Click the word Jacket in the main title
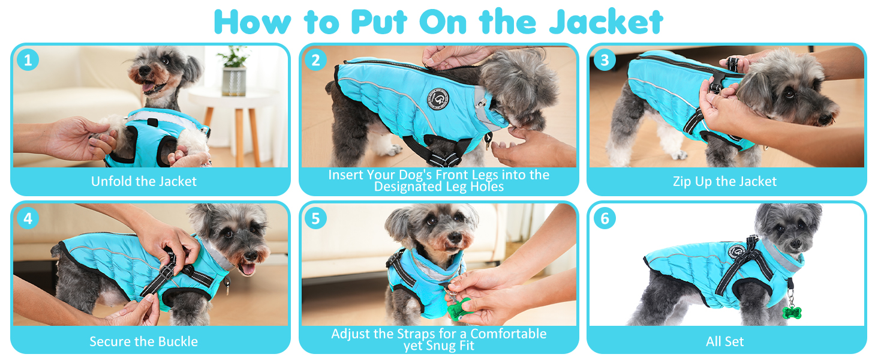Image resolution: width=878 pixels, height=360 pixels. (606, 22)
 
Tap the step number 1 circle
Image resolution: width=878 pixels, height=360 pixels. (28, 60)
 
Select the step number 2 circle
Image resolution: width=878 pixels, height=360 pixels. (316, 60)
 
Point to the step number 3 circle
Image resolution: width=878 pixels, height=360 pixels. (605, 60)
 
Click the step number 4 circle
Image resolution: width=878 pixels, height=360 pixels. (28, 218)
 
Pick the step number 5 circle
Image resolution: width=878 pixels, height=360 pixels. (316, 218)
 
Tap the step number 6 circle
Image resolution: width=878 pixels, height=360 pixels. (605, 218)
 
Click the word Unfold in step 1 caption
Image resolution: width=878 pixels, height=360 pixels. (112, 181)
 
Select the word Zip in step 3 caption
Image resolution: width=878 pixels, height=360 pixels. (682, 182)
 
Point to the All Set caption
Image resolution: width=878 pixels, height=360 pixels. (724, 341)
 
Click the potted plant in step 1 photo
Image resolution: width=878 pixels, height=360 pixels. (234, 71)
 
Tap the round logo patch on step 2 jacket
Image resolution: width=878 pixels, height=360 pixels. (438, 99)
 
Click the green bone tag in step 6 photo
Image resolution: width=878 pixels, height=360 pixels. (792, 313)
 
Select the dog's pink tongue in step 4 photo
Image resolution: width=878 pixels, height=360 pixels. (247, 269)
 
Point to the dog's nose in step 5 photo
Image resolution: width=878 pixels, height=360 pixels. (455, 237)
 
